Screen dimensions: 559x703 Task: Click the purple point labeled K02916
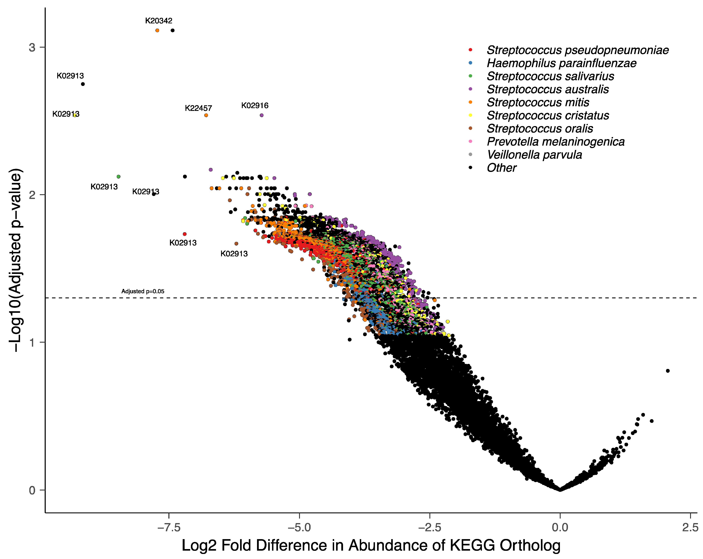pos(262,115)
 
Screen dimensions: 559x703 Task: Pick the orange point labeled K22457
pos(206,115)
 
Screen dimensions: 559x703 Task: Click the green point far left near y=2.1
pos(118,177)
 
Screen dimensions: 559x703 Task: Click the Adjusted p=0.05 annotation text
pos(143,291)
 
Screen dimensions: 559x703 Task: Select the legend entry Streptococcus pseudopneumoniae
pos(578,50)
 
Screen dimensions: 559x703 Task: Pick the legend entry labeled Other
pos(501,168)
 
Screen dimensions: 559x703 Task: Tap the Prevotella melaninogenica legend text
pos(556,142)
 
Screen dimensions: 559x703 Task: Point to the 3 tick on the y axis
pos(32,48)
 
